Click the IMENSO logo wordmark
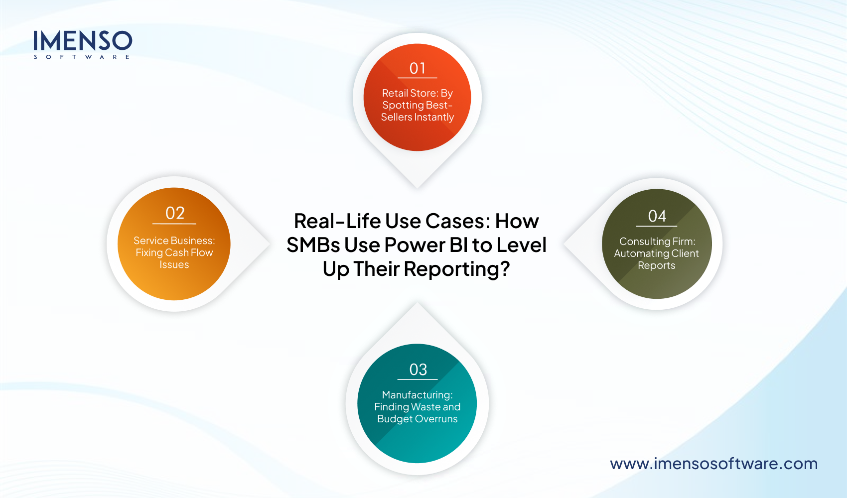click(83, 40)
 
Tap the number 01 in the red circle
click(418, 68)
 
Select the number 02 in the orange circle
click(175, 213)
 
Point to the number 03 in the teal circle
click(418, 370)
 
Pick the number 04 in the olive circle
click(657, 216)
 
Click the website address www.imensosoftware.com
click(713, 464)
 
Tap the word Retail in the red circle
click(394, 93)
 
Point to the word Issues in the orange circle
click(174, 265)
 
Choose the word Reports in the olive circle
click(656, 265)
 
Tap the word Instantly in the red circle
click(434, 117)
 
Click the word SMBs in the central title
click(313, 245)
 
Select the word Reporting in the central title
click(456, 269)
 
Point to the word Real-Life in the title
click(337, 221)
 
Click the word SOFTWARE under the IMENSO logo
click(82, 57)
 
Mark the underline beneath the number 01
click(418, 78)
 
